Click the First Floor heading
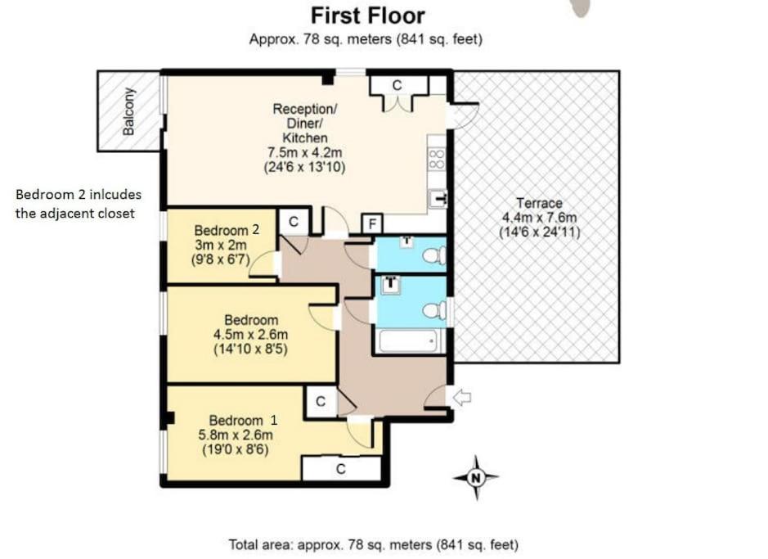368,16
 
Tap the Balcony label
128,111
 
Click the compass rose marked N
475,477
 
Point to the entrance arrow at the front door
462,397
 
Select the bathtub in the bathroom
408,340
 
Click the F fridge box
372,224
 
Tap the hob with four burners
437,160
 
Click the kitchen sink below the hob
438,198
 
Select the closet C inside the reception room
397,86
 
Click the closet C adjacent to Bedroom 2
294,222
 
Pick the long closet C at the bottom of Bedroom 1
341,469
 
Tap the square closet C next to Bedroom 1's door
321,402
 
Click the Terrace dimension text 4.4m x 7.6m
539,218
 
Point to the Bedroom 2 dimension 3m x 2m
221,245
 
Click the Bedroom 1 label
243,421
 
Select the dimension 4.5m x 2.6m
250,335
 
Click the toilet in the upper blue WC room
434,255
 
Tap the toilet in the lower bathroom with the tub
434,311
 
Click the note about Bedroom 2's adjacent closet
79,204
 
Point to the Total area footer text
373,544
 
